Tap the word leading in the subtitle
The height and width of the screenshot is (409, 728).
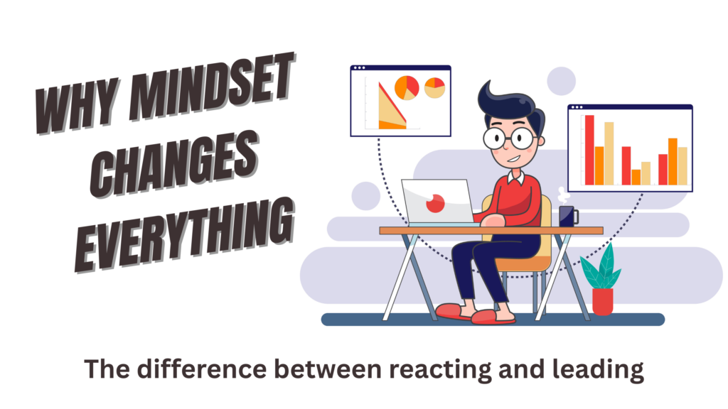(599, 370)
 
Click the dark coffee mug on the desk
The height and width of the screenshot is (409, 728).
(567, 216)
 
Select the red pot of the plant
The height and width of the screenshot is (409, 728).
(602, 301)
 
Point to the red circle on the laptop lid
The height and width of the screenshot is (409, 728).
(434, 203)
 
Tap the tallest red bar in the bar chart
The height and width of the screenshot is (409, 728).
(589, 149)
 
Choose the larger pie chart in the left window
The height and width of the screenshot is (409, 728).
(407, 87)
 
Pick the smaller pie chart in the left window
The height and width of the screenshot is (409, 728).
(434, 87)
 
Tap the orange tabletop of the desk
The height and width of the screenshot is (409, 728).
(491, 230)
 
